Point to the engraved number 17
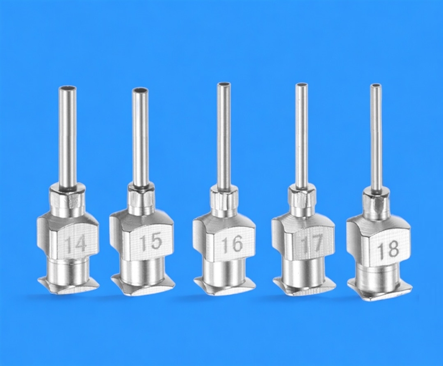pyautogui.click(x=312, y=243)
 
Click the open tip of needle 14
pyautogui.click(x=67, y=87)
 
